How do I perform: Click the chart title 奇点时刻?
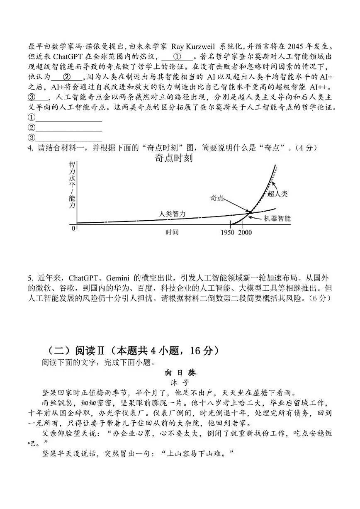(x=173, y=158)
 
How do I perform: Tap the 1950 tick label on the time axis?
(x=229, y=232)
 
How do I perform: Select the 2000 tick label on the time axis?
(x=245, y=232)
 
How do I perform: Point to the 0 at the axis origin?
(x=73, y=228)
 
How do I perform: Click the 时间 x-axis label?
(x=172, y=232)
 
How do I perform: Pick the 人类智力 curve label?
(x=173, y=214)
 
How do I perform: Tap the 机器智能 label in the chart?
(x=277, y=218)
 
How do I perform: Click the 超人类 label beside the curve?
(x=277, y=193)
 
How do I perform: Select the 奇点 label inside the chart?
(x=217, y=198)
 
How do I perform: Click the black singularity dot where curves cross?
(x=250, y=212)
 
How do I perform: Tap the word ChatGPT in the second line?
(x=59, y=56)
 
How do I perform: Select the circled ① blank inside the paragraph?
(x=177, y=56)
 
